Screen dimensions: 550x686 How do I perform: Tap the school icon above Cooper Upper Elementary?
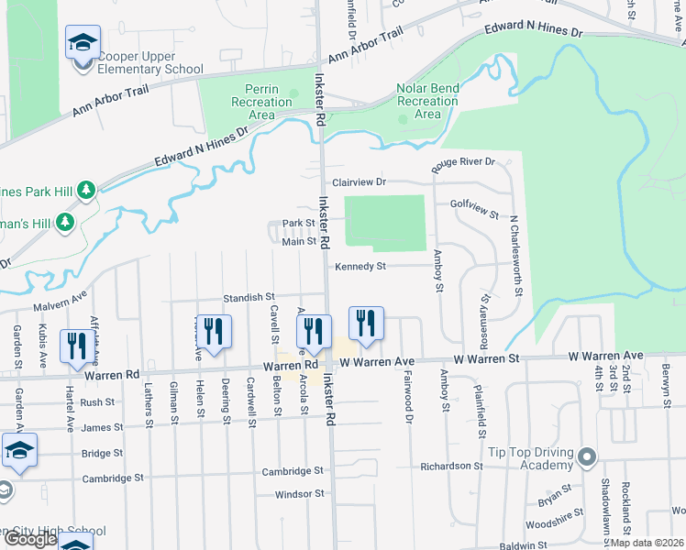(x=83, y=42)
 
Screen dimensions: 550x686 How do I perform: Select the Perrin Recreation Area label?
(x=249, y=102)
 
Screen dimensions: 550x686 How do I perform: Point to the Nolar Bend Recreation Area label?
(x=427, y=102)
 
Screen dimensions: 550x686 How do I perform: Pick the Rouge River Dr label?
(x=463, y=162)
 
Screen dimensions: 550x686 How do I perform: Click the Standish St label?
(x=249, y=297)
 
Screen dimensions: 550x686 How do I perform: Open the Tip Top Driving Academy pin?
(x=588, y=456)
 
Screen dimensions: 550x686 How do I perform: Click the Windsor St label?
(x=300, y=493)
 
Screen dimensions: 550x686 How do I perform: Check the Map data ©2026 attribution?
(x=647, y=543)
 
